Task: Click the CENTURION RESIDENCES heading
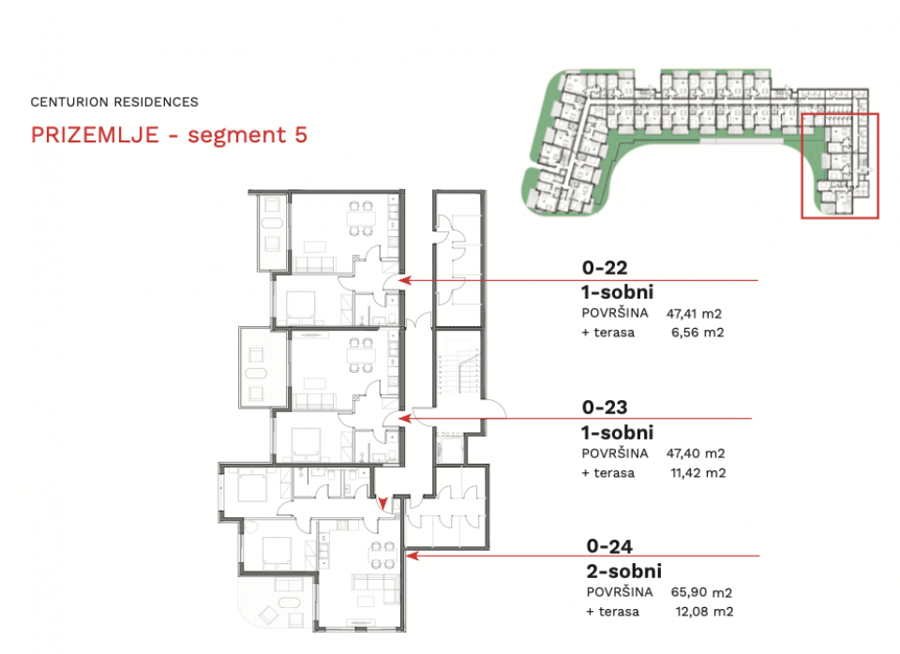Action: pos(114,102)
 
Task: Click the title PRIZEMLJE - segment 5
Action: pos(169,135)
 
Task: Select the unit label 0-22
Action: pos(605,267)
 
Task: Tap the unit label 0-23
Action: pos(605,408)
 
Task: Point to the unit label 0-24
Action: pos(609,546)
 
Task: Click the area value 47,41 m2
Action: pos(694,314)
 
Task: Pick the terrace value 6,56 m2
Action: pos(697,333)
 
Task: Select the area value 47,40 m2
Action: pos(696,453)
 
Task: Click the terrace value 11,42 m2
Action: pos(697,473)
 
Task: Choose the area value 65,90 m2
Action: pos(701,592)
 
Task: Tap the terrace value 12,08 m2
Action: pos(704,612)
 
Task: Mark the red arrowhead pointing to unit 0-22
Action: pos(405,280)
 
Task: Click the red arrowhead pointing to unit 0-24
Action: pos(412,556)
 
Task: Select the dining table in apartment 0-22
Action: pos(360,218)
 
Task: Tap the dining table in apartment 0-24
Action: pos(382,555)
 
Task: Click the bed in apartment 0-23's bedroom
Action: pos(304,445)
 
